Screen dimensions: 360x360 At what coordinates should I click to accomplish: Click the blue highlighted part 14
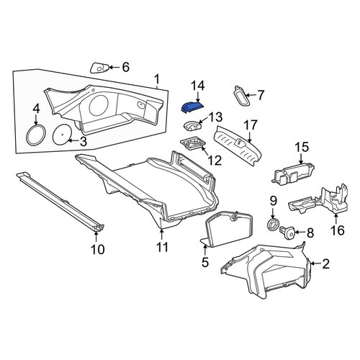(192, 107)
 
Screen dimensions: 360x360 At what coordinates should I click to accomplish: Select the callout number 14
(198, 86)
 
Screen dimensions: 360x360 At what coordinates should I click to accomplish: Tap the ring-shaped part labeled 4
(36, 135)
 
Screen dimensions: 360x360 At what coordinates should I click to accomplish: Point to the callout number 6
(126, 67)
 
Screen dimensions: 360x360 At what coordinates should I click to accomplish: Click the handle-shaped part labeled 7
(241, 95)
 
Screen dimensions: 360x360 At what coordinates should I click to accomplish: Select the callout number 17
(251, 125)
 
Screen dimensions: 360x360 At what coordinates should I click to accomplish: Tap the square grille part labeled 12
(193, 144)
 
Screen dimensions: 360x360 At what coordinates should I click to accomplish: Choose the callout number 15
(302, 147)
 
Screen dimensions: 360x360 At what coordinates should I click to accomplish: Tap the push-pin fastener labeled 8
(287, 232)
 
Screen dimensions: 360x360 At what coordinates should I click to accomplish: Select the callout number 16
(338, 230)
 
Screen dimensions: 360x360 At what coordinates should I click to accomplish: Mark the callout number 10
(98, 249)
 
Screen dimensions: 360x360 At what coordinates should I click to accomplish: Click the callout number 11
(162, 247)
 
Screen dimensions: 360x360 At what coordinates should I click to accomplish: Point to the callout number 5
(205, 262)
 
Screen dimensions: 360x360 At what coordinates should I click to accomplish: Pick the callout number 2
(325, 264)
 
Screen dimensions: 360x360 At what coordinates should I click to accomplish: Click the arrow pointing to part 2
(315, 264)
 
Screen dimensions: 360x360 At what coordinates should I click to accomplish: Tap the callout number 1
(157, 79)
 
